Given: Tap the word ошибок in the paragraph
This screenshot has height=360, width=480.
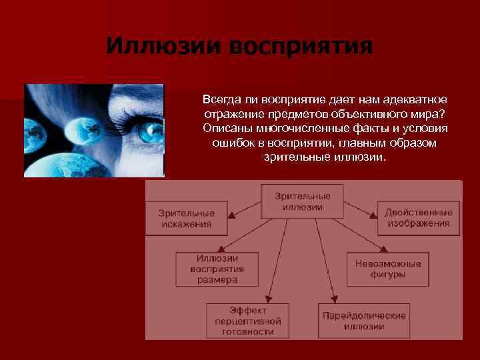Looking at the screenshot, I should (x=230, y=143).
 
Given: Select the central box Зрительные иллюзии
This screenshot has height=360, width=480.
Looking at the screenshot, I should (x=302, y=201).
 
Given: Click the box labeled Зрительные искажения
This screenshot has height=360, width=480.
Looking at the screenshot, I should (x=186, y=218).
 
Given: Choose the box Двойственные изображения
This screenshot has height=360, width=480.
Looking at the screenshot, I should (x=418, y=217).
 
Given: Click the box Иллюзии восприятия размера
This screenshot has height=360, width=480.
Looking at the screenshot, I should (x=217, y=269).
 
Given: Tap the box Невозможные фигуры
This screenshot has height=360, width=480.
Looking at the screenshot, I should (x=387, y=269).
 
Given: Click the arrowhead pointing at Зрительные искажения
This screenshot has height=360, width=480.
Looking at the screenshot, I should (x=231, y=216).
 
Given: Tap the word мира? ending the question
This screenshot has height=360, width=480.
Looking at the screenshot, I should (x=431, y=113).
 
